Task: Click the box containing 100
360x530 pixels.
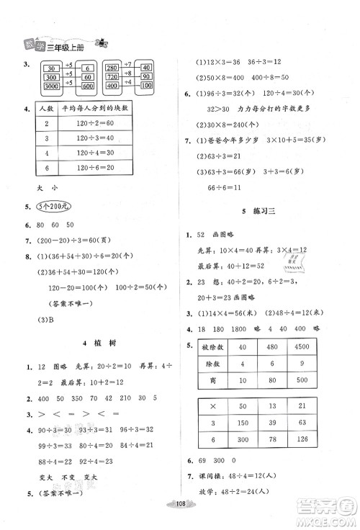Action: click(146, 86)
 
